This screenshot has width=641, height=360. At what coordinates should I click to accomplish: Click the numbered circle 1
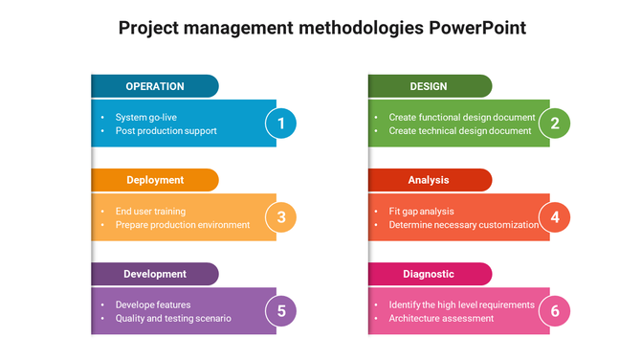coord(281,124)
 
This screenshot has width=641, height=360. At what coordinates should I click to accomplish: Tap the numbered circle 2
coord(555,124)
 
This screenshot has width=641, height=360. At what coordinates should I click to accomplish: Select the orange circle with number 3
coord(281,217)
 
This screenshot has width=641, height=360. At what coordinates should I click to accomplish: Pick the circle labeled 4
coord(555,217)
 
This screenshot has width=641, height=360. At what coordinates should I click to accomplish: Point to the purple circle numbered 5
coord(281,311)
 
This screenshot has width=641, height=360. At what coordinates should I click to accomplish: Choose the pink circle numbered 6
coord(555,311)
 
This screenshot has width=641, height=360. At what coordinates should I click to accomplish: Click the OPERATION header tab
coord(155,86)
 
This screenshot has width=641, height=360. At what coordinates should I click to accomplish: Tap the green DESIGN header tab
coord(429,86)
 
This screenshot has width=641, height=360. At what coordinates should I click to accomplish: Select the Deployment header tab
coord(155,180)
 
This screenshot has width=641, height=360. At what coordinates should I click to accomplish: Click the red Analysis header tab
coord(429,180)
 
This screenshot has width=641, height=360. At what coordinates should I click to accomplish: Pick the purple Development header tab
coord(155,274)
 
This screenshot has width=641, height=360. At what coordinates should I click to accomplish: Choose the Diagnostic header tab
coord(429,274)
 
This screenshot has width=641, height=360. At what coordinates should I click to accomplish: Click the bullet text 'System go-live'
coord(145,118)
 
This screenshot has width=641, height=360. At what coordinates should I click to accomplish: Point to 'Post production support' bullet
coord(166,131)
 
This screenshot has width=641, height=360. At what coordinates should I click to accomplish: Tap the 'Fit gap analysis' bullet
coord(421,212)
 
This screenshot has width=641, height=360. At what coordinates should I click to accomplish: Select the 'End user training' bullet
coord(150,212)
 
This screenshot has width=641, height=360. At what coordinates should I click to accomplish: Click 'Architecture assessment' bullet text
coord(441,319)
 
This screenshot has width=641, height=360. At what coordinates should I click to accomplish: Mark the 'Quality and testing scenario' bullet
coord(173,319)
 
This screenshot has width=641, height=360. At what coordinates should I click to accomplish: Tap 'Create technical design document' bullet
coord(459,131)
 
